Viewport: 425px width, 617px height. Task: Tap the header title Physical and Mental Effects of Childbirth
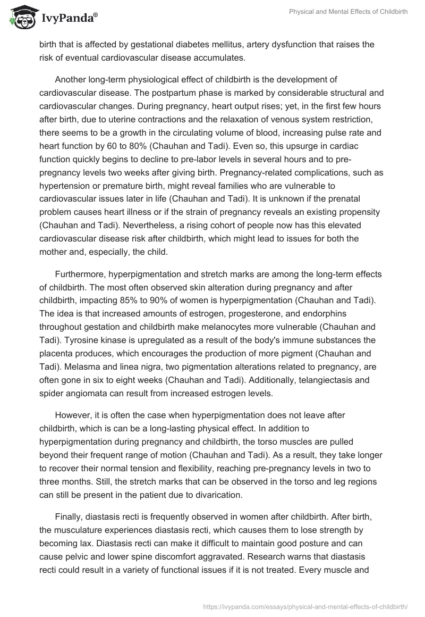pos(348,12)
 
